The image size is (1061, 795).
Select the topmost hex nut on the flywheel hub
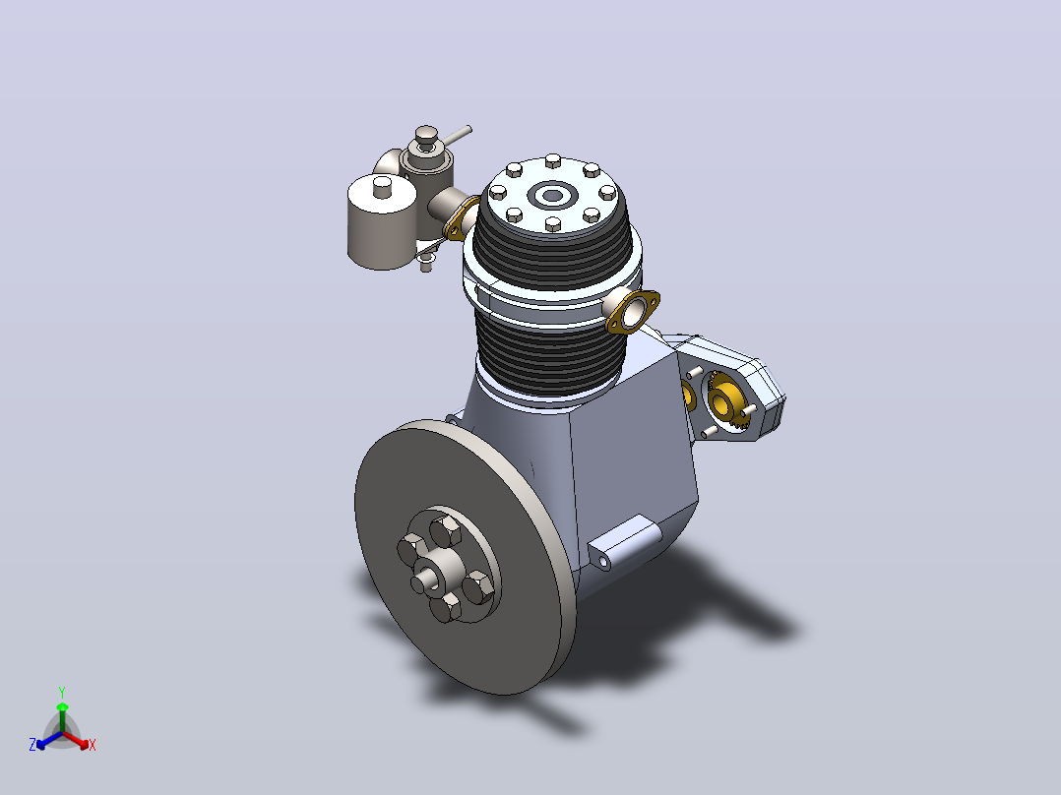pos(445,529)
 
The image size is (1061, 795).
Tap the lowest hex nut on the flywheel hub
pos(445,608)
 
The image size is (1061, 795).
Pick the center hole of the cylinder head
pos(553,196)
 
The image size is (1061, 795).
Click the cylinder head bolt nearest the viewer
pos(553,223)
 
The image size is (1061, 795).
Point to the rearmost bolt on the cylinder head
pos(553,161)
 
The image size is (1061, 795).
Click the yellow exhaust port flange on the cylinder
pos(633,312)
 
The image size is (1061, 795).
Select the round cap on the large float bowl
pos(383,187)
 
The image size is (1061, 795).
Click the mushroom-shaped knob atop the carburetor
pos(426,138)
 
